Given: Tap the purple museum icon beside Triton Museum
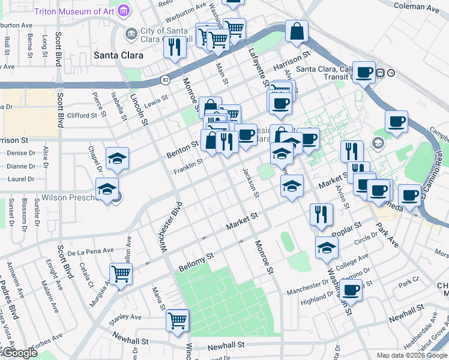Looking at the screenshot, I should (x=124, y=11).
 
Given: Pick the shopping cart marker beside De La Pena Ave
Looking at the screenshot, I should (x=121, y=273).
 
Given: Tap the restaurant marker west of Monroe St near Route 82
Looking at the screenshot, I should (x=175, y=46).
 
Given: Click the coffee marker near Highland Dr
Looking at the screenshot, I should (x=351, y=290).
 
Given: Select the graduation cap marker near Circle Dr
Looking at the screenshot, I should (x=327, y=247).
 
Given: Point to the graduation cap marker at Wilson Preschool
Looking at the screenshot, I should (x=107, y=190).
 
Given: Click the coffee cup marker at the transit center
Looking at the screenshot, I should (x=363, y=72).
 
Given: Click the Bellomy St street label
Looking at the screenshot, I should (x=196, y=262).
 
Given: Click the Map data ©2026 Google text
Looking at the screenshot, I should (x=411, y=355).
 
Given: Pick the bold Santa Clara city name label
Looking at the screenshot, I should (x=118, y=55).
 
